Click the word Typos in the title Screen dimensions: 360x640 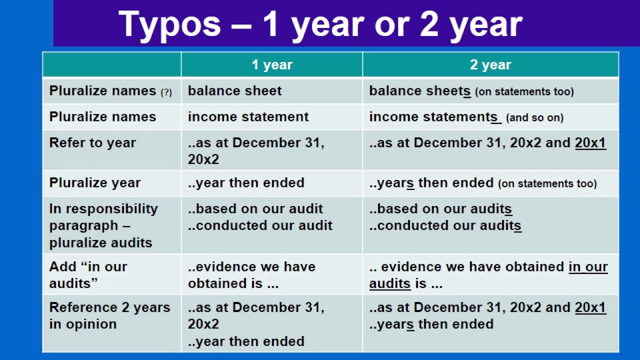tap(169, 24)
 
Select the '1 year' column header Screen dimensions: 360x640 tap(271, 65)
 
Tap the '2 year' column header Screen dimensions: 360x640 tap(490, 65)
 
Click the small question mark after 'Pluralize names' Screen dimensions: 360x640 tap(166, 92)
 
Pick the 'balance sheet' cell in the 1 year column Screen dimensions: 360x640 tap(234, 91)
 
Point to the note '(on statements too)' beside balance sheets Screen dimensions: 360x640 tap(524, 92)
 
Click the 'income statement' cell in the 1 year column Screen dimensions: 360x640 tap(248, 117)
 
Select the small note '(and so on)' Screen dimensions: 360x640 tap(534, 118)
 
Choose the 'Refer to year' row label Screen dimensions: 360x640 tap(92, 143)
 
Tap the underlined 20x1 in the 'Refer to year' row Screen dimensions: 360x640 tap(590, 143)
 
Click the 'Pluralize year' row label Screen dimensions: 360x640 tap(95, 183)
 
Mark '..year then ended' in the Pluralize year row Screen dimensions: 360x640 tap(246, 183)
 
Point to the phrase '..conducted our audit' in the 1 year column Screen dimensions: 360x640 tap(260, 225)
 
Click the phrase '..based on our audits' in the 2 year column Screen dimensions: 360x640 tap(440, 209)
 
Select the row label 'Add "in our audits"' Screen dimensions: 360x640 tap(88, 274)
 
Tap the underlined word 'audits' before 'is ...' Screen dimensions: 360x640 tap(389, 283)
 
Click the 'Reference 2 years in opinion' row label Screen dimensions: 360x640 tap(109, 315)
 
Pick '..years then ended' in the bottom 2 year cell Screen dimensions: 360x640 tap(431, 324)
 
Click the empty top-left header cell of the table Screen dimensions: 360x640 tap(111, 65)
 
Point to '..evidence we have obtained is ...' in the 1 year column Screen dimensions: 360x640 tap(251, 274)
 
